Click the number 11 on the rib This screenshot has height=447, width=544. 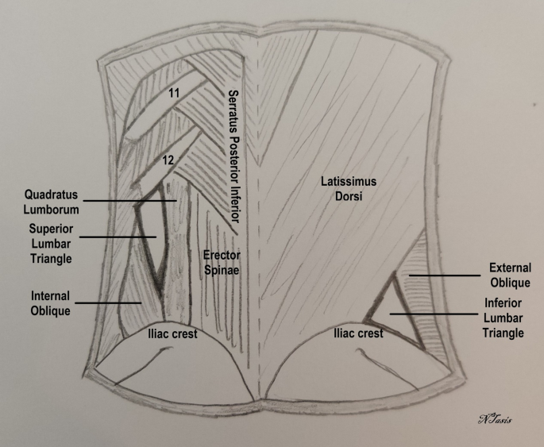[x=174, y=93]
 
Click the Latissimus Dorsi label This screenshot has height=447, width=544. [x=349, y=187]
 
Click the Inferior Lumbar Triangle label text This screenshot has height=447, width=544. [x=504, y=318]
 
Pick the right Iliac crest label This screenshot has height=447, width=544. [x=358, y=334]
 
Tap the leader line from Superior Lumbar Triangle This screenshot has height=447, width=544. [x=119, y=237]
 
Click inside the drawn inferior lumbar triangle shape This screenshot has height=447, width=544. [x=397, y=316]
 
